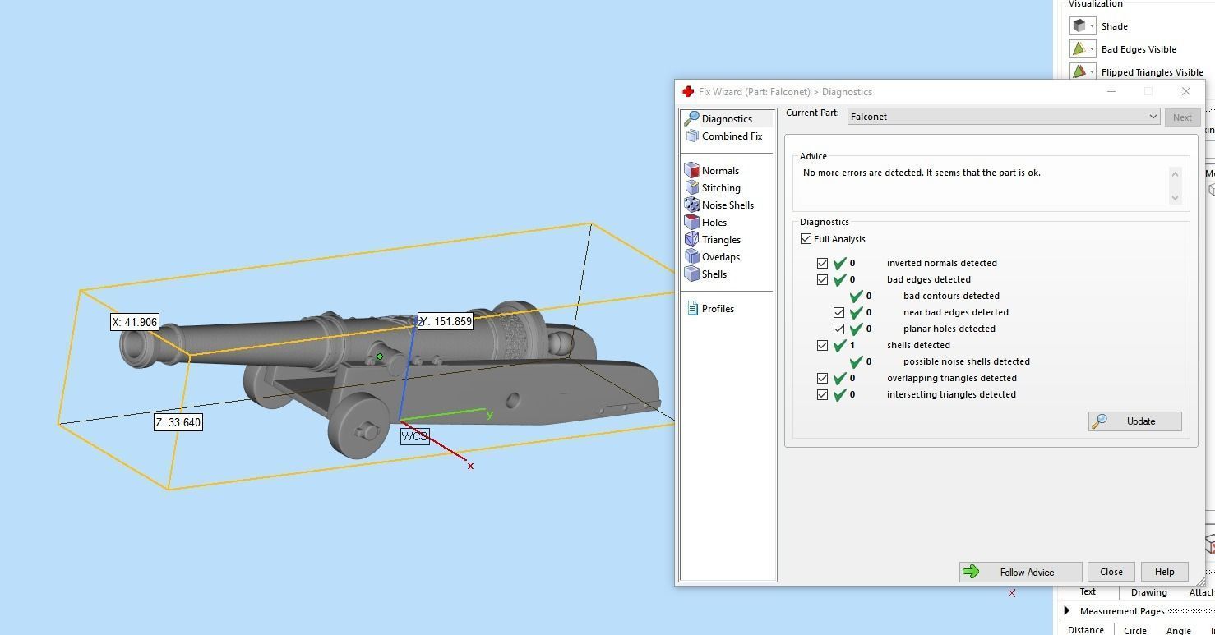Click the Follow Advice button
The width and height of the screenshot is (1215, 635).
[x=1020, y=572]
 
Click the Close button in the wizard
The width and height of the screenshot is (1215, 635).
[x=1111, y=572]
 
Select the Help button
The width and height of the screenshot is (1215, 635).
[x=1164, y=572]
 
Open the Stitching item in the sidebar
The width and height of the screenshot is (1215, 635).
[x=720, y=188]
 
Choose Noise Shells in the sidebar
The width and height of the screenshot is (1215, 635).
[x=727, y=205]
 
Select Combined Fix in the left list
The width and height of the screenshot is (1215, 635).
[x=731, y=136]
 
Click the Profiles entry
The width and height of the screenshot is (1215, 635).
[x=717, y=309]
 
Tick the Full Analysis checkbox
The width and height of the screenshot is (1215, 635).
[x=806, y=239]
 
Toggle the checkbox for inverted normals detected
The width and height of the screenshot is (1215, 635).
[x=822, y=264]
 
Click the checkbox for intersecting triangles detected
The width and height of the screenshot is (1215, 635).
[x=822, y=395]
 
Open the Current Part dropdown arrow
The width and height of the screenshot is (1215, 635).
[x=1153, y=117]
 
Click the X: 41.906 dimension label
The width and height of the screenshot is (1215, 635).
[x=134, y=322]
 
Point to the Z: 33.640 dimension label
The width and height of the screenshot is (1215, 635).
[x=178, y=422]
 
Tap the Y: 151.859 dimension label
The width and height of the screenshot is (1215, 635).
[x=446, y=321]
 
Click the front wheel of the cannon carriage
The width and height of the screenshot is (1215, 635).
[x=359, y=426]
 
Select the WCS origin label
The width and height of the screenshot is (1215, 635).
[x=414, y=436]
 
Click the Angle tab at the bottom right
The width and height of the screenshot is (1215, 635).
[x=1177, y=630]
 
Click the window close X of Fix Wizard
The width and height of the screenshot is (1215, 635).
[x=1185, y=91]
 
